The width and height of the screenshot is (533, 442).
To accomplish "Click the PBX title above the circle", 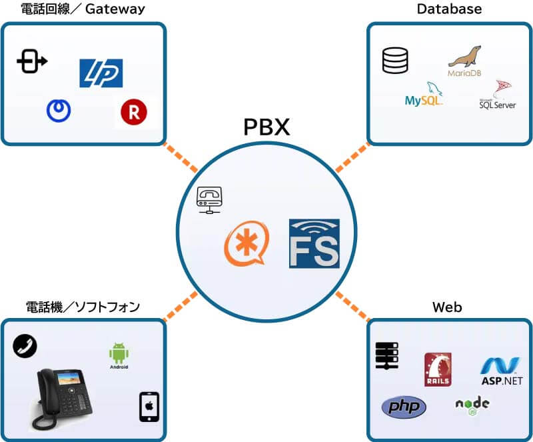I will pos(266,126).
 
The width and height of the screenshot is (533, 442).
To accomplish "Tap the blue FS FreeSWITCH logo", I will pos(314,243).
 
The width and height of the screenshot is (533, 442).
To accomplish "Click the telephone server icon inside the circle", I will pos(209,199).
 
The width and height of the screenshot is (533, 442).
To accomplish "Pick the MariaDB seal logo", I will pos(464,61).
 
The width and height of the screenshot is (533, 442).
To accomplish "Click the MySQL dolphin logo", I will pos(424,95).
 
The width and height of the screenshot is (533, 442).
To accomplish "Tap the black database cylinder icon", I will pos(394,61).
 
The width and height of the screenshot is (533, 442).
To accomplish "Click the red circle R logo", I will pos(134,113).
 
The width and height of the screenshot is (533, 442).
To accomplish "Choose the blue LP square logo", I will pos(101,73).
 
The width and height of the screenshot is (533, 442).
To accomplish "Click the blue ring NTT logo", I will pos(59,110).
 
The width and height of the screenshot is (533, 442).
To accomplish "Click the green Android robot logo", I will pos(119,355).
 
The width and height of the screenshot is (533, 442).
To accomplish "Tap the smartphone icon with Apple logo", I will pos(149,407).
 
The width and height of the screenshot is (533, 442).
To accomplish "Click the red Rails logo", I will pos(438,369).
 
